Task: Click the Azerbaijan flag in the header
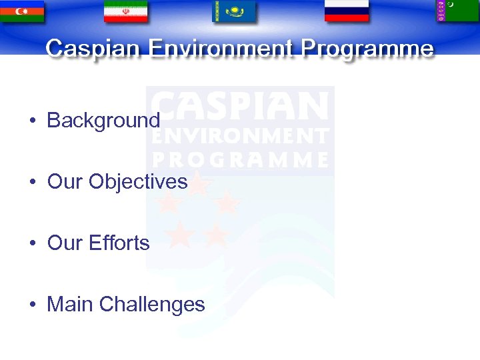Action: (x=21, y=11)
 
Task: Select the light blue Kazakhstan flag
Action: (x=234, y=11)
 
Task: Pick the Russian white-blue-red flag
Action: (x=346, y=11)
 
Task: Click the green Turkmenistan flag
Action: (x=457, y=11)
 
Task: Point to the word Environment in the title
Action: (x=221, y=49)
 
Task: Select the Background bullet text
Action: (x=103, y=121)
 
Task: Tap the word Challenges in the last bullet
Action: (x=152, y=305)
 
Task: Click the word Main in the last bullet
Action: (x=70, y=305)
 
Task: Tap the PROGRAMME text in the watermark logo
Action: (x=241, y=160)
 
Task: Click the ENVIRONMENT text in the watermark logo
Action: (x=241, y=137)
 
